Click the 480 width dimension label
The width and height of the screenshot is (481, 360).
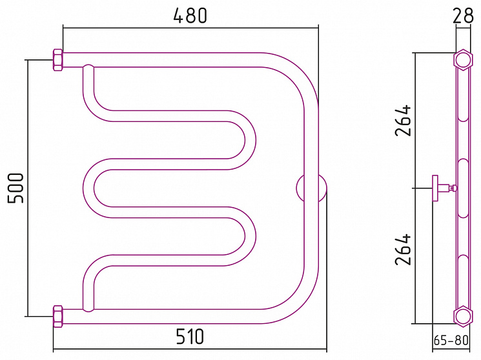(190, 15)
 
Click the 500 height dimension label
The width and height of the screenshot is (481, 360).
(15, 188)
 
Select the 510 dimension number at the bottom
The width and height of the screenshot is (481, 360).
(190, 336)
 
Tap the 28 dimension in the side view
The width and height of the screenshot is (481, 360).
(463, 15)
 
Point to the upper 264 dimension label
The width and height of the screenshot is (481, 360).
(403, 121)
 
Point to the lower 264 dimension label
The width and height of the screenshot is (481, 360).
(403, 250)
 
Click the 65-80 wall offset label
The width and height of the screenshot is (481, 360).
(451, 340)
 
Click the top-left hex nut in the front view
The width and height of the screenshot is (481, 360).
(58, 60)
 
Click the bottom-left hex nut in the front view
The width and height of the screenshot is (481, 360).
(58, 316)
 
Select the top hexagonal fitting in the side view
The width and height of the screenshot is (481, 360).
(462, 60)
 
